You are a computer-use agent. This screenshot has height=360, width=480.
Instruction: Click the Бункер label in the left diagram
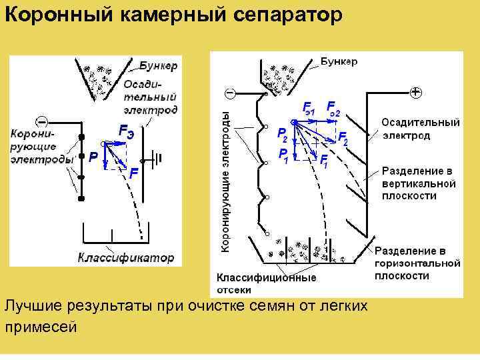[158, 65]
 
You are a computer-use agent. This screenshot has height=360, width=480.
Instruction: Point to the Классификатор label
[126, 257]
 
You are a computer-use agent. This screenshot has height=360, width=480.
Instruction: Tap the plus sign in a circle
[415, 92]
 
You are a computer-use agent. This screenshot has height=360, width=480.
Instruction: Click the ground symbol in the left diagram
[157, 159]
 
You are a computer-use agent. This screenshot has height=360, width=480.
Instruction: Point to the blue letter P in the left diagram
[93, 157]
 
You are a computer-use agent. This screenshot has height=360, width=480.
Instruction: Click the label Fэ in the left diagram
[126, 131]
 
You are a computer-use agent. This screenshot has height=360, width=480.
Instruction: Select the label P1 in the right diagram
[283, 156]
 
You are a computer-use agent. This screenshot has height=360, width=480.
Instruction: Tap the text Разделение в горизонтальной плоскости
[417, 263]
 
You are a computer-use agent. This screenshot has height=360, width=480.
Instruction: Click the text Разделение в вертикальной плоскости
[418, 183]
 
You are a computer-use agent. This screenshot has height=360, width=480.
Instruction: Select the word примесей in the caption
[41, 327]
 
